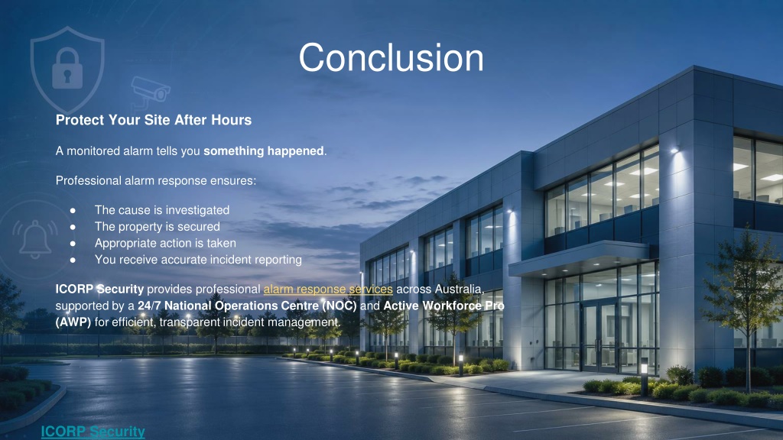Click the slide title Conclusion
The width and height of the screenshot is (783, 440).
tap(391, 58)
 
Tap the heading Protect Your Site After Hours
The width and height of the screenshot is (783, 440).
tap(153, 120)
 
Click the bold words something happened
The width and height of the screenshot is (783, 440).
tap(264, 150)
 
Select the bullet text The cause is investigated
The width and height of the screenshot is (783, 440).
tap(162, 210)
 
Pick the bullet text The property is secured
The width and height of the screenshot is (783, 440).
tap(158, 226)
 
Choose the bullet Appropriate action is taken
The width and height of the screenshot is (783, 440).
tap(165, 243)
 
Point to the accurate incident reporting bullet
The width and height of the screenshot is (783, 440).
tap(198, 260)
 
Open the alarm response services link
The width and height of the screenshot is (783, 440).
tap(328, 289)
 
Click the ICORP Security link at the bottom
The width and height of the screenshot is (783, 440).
tap(93, 431)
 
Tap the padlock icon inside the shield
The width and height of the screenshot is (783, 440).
tap(67, 68)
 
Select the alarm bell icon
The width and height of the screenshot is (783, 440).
tap(34, 238)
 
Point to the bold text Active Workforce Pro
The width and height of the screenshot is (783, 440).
tap(444, 306)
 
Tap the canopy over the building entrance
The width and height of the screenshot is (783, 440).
tap(580, 258)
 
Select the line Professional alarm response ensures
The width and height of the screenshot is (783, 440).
tap(156, 180)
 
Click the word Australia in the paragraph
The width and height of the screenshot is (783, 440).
tap(458, 289)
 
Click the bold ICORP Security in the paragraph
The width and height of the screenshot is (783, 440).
tap(99, 289)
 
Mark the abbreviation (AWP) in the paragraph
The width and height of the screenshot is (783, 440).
tap(73, 322)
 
